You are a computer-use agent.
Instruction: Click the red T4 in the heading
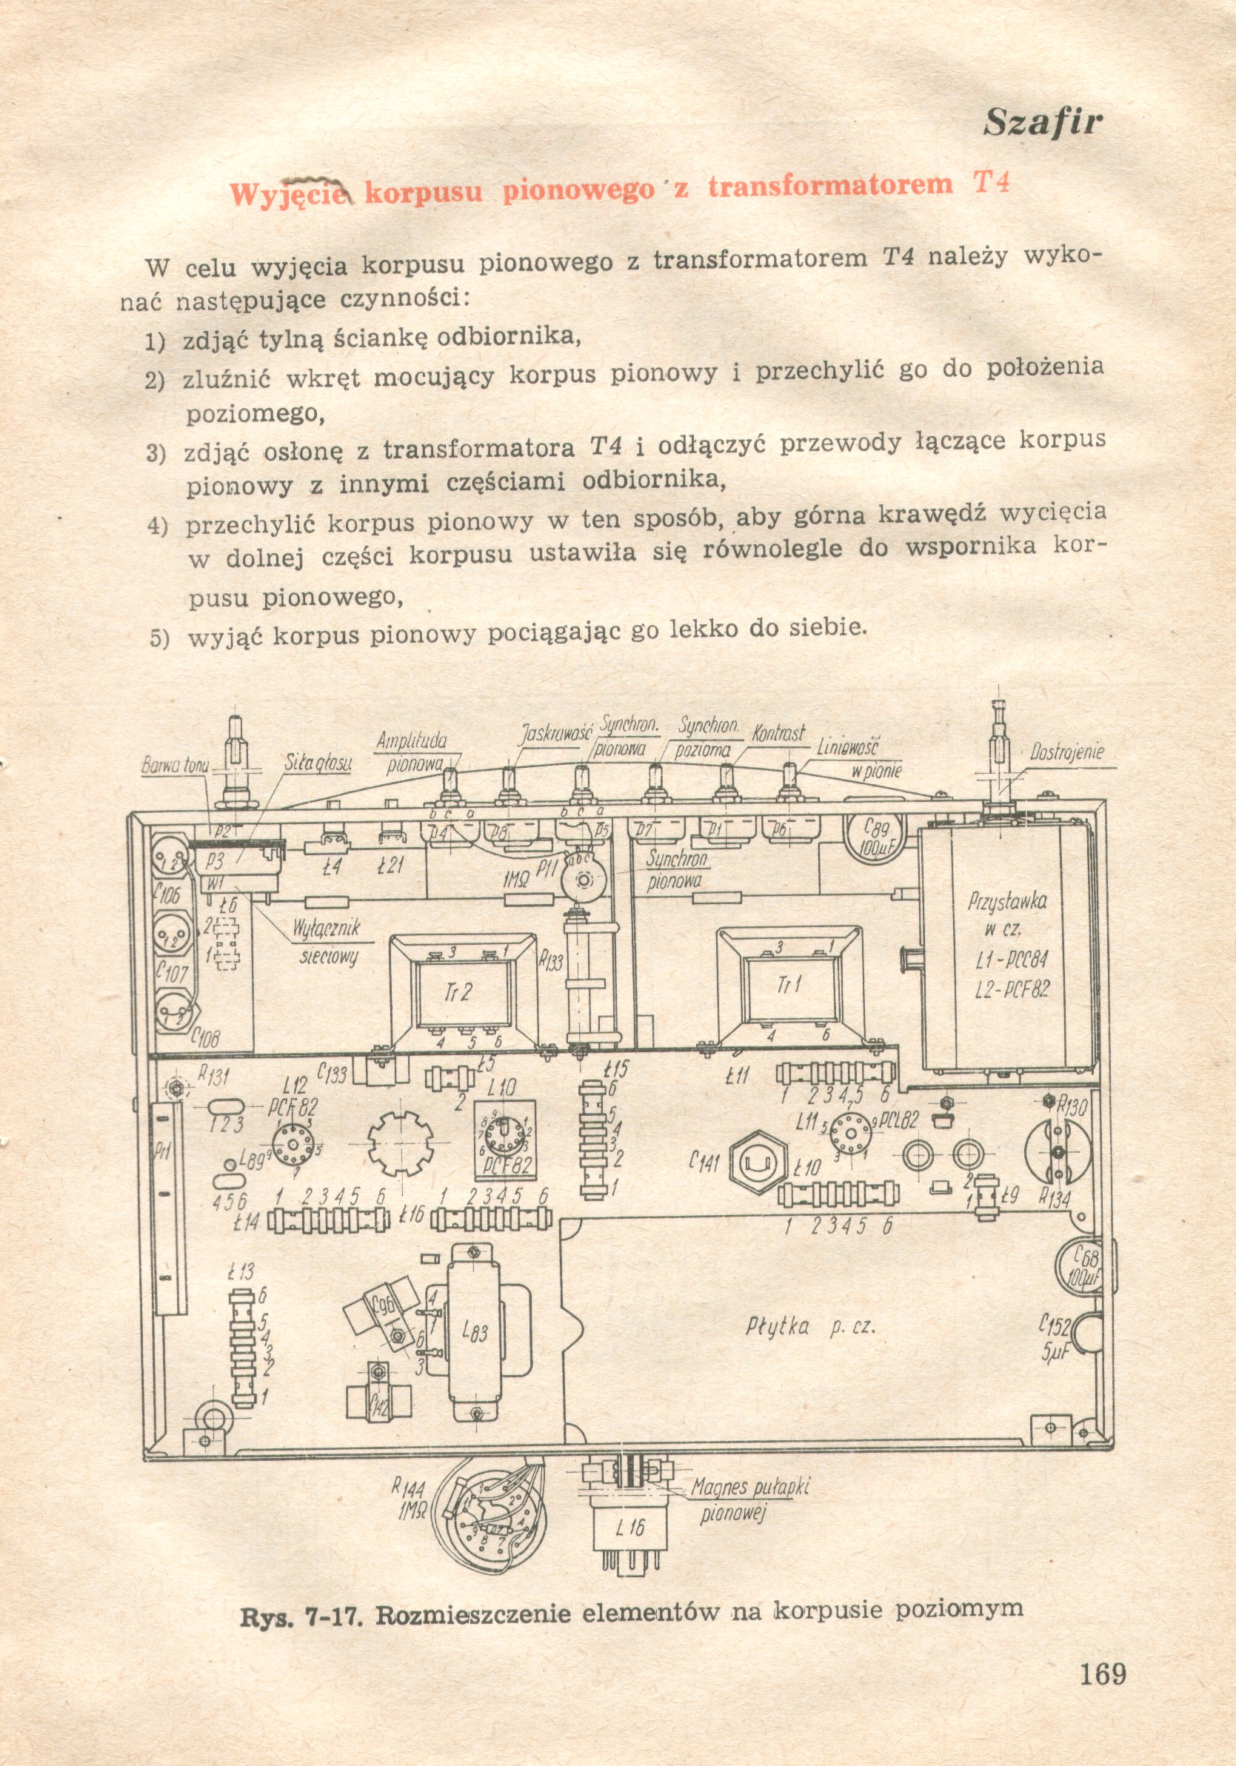[991, 183]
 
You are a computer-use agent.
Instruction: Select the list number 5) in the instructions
[158, 638]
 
